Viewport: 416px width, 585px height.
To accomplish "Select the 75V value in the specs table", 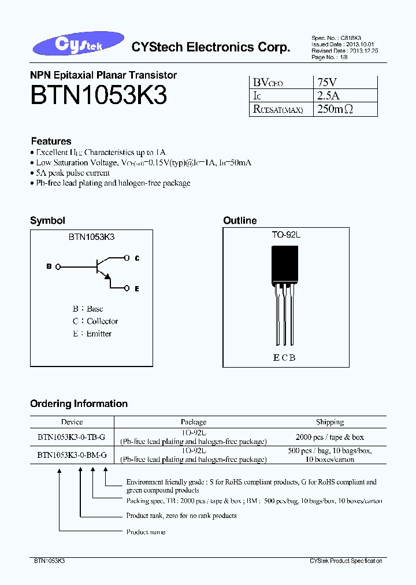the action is point(326,82).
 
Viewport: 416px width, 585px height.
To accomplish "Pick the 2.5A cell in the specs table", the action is point(328,95).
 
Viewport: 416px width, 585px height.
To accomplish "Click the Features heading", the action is point(51,141).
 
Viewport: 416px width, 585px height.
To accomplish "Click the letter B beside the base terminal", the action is point(49,266).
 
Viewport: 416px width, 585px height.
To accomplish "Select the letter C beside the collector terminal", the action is point(137,258).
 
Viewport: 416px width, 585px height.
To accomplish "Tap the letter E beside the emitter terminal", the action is point(136,288).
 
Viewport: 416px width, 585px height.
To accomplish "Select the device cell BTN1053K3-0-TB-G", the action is point(72,438).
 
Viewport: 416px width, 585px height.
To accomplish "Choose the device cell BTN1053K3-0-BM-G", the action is point(72,455).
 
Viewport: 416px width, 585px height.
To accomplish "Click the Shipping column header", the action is point(330,422).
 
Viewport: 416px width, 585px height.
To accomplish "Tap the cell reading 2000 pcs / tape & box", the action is point(330,438).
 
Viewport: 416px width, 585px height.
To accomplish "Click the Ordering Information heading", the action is point(79,403).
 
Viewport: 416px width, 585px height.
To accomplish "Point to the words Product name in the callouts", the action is point(146,532).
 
